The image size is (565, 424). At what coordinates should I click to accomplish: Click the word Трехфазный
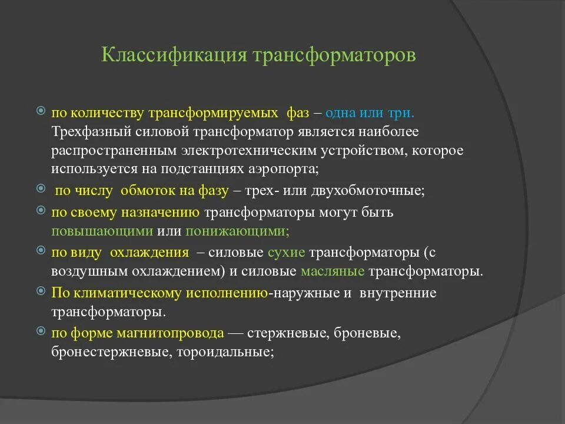click(88, 131)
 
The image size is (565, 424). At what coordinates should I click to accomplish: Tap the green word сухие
click(286, 253)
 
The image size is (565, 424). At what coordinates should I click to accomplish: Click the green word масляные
click(333, 272)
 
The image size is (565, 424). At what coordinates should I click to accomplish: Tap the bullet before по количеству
click(41, 111)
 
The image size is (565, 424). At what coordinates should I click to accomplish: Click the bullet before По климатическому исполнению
click(41, 291)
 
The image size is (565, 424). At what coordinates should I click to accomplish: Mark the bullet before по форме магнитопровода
click(41, 332)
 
